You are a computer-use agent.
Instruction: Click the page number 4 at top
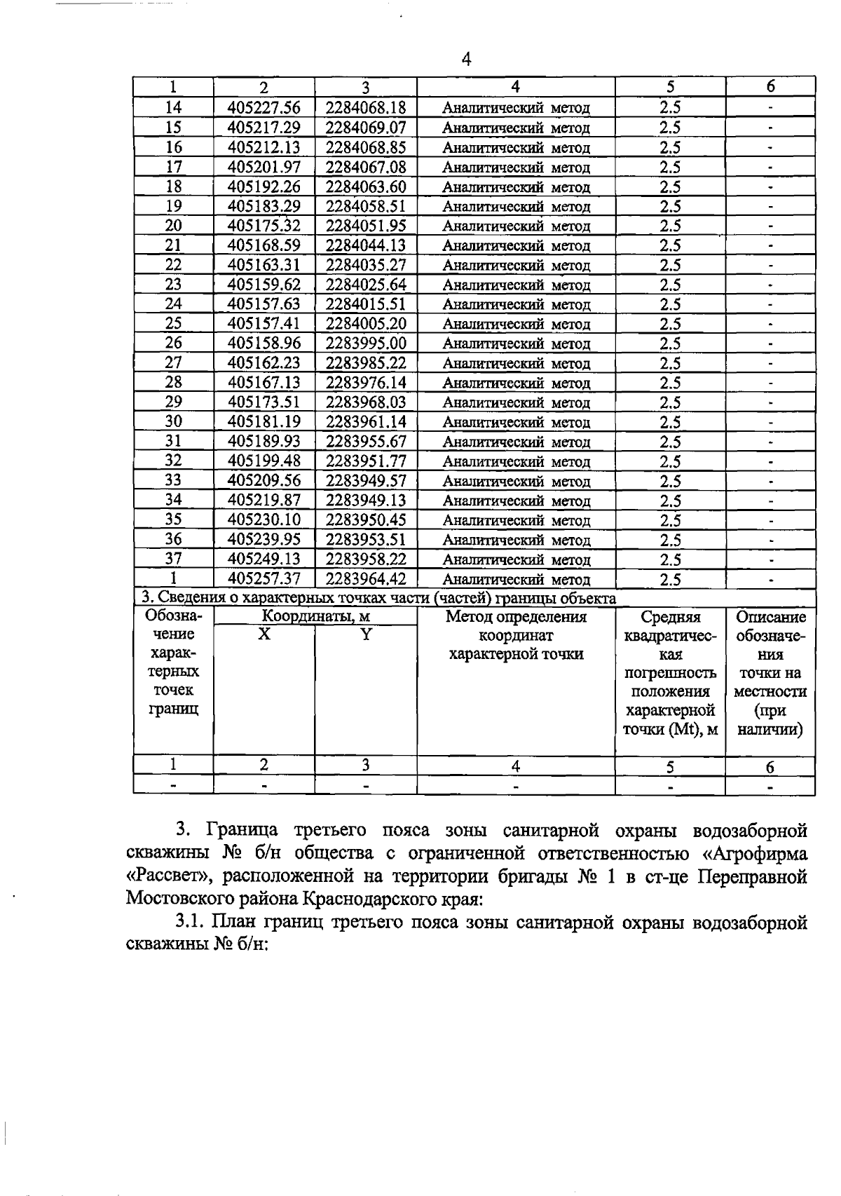click(x=467, y=59)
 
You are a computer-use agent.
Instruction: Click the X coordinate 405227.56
click(x=264, y=107)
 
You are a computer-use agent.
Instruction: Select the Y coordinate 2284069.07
click(x=366, y=127)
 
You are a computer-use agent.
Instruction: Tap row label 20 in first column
click(x=173, y=225)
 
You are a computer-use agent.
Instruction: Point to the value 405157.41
click(x=264, y=323)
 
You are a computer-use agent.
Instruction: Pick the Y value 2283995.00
click(x=366, y=343)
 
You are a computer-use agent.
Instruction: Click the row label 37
click(x=173, y=559)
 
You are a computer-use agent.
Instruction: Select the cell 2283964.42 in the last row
click(x=366, y=578)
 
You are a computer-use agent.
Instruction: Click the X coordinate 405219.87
click(x=264, y=500)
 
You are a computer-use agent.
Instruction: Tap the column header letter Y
click(x=366, y=634)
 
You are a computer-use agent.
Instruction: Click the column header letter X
click(x=264, y=634)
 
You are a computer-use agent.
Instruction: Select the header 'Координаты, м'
click(x=315, y=616)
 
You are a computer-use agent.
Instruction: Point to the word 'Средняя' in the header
click(x=670, y=617)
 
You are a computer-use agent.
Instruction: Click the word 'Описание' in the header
click(x=770, y=617)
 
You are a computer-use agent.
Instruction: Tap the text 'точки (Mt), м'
click(x=670, y=729)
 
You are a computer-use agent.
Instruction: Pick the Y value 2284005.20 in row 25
click(x=366, y=323)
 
